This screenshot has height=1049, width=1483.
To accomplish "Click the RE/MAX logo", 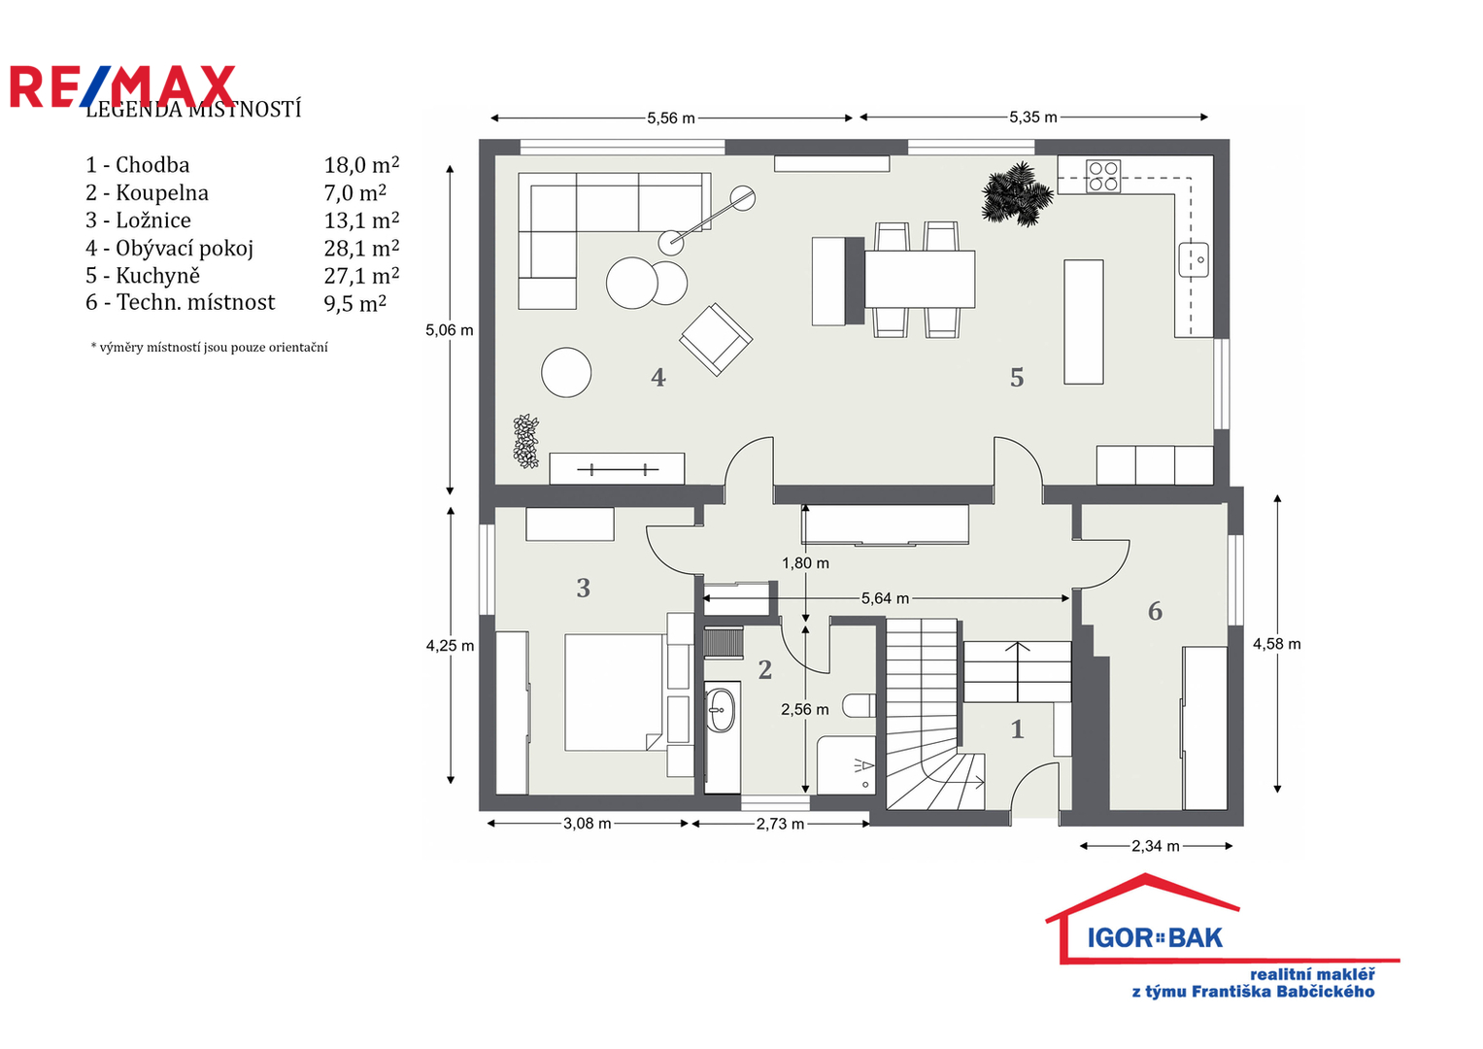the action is click(x=122, y=86).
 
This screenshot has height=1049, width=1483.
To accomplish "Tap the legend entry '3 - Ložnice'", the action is click(x=138, y=220).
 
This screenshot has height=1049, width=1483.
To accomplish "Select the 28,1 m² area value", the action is click(x=361, y=248).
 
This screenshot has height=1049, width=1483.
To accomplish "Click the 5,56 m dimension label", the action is click(x=671, y=118).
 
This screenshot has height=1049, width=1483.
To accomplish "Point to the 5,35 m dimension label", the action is click(x=1032, y=118).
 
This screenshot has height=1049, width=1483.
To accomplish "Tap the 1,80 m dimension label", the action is click(x=805, y=563).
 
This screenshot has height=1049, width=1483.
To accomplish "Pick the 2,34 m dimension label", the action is click(x=1156, y=846).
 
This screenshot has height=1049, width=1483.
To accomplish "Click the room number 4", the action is click(x=657, y=378).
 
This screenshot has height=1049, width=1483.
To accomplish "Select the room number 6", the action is click(x=1155, y=611).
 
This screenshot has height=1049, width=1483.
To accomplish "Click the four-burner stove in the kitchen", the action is click(x=1103, y=176).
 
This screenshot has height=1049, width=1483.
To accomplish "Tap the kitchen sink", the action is click(x=1194, y=259).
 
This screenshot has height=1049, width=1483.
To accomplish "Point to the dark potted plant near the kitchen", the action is click(x=1017, y=193).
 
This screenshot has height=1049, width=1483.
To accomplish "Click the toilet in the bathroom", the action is click(x=859, y=706).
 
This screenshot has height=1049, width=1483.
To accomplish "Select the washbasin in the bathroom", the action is click(x=721, y=710).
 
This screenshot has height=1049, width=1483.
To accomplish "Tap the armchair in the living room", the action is click(x=716, y=340).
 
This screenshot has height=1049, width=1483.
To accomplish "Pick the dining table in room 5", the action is click(x=920, y=279).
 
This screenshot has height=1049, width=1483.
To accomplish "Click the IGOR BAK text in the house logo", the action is click(x=1155, y=937).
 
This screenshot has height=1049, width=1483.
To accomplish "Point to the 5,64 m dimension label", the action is click(x=885, y=598).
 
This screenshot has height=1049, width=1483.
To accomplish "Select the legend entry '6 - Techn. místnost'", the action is click(x=180, y=303).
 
